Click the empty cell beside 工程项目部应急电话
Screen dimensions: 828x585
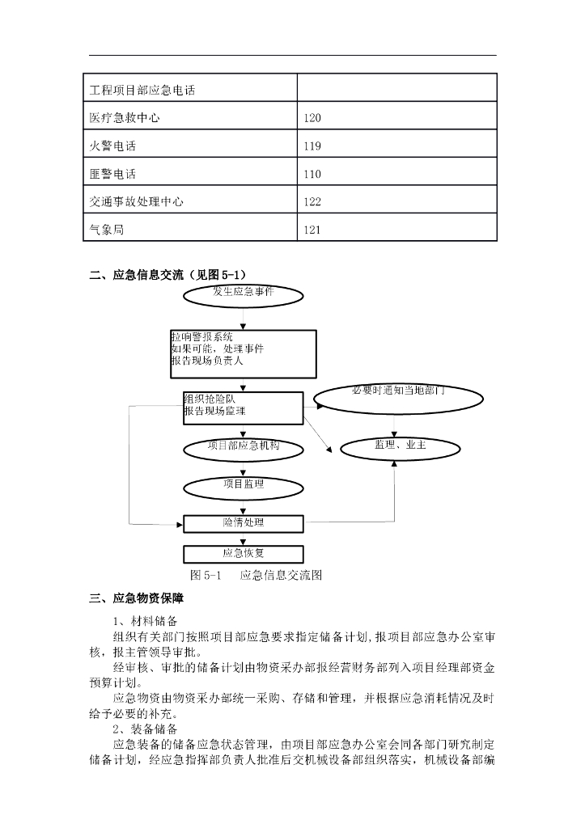[396, 88]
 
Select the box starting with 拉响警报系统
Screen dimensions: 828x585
[243, 353]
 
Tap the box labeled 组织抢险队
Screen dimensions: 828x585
[243, 408]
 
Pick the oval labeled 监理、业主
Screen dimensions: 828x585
[395, 447]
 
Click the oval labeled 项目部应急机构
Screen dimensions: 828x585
[243, 447]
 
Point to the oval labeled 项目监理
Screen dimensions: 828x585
[243, 486]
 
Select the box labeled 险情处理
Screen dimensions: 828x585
[243, 523]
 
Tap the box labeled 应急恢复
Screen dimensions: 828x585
[243, 554]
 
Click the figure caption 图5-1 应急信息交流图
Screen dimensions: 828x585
[256, 576]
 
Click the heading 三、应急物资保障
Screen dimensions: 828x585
[136, 599]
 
